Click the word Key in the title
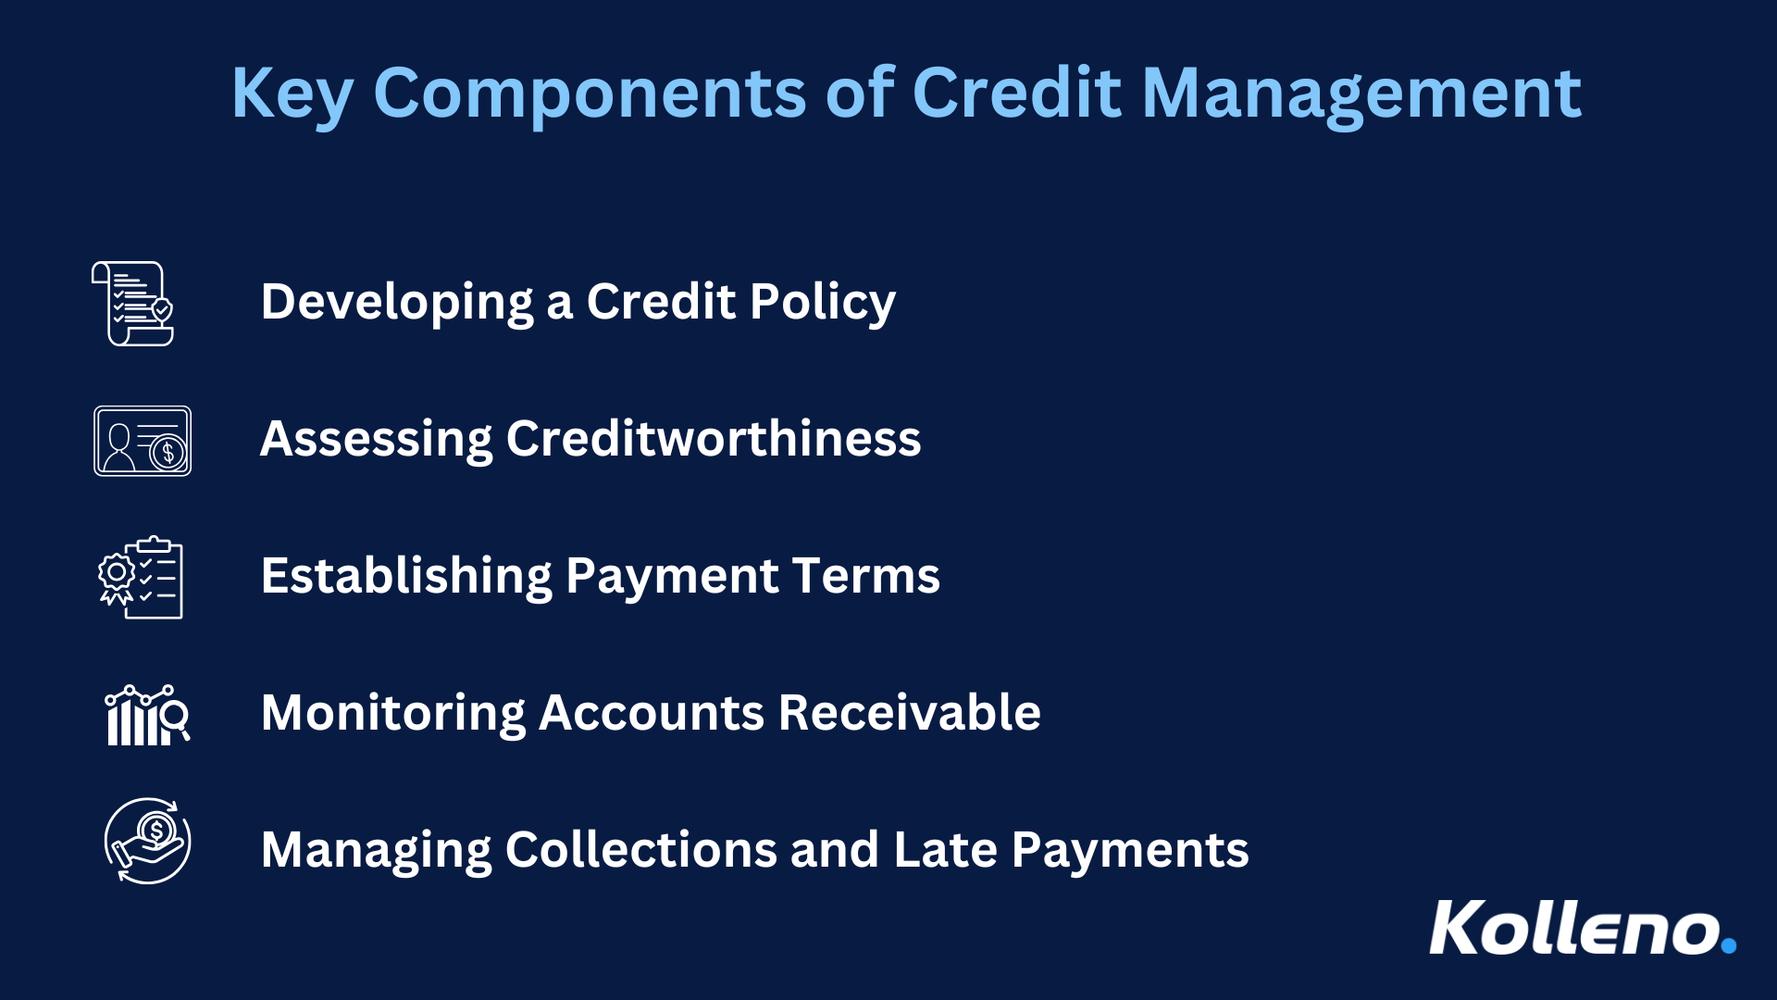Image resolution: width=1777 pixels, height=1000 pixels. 292,94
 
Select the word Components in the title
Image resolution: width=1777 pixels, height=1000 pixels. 590,94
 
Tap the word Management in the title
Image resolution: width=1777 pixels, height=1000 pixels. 1361,94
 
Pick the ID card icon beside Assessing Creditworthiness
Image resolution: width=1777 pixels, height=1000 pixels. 142,441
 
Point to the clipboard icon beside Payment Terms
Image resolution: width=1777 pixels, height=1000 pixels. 142,578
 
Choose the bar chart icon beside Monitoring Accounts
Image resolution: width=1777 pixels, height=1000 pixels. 146,715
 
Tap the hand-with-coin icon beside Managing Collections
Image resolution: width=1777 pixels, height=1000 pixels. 147,841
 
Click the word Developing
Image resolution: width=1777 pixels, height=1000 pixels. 397,302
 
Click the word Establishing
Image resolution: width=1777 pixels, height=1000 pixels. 406,576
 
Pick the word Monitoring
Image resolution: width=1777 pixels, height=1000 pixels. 392,713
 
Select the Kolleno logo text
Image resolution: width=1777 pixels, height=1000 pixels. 1573,928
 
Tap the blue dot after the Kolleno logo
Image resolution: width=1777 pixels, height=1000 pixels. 1728,945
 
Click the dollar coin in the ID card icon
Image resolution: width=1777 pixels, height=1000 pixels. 168,454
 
